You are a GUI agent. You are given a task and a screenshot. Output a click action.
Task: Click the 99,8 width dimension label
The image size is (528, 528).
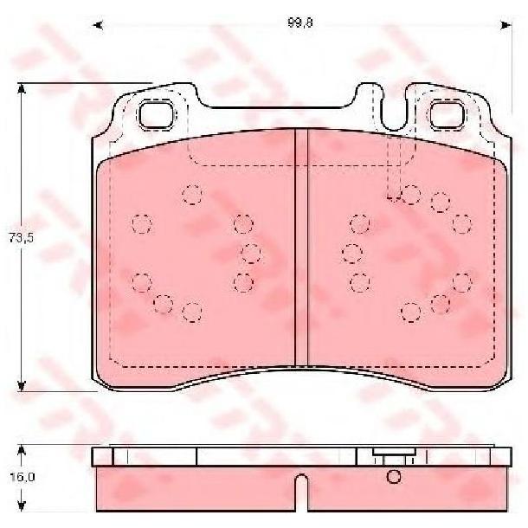tap(300, 23)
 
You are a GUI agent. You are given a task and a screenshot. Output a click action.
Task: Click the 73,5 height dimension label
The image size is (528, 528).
tap(22, 238)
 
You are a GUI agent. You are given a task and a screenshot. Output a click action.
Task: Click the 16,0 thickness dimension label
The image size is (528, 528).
tap(23, 477)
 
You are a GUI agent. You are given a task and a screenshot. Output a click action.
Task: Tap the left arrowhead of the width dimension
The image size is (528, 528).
tap(98, 25)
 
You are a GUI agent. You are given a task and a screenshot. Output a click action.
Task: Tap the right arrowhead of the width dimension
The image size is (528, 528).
tap(506, 25)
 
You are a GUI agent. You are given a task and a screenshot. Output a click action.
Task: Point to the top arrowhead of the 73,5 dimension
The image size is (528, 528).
tap(22, 89)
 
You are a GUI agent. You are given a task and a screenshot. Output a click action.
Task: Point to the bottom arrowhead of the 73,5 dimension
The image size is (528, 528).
tap(22, 386)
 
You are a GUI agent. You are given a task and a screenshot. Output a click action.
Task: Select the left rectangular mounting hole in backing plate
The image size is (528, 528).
tap(156, 115)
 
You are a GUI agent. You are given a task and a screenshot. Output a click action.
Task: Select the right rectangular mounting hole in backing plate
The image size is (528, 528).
tap(448, 115)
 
